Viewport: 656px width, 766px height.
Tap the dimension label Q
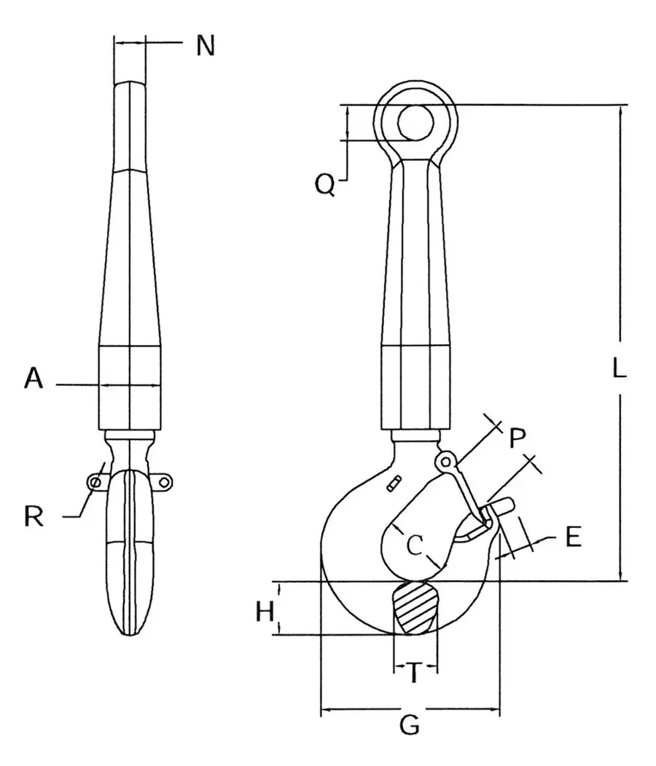pyautogui.click(x=325, y=185)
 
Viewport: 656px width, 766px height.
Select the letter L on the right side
pyautogui.click(x=618, y=370)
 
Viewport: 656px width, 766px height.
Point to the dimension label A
pyautogui.click(x=34, y=379)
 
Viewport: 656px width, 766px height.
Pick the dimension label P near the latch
pyautogui.click(x=517, y=438)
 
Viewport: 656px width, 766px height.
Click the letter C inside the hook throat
pyautogui.click(x=414, y=545)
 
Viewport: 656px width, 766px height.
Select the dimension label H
pyautogui.click(x=266, y=612)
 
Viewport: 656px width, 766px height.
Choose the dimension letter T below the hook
pyautogui.click(x=413, y=674)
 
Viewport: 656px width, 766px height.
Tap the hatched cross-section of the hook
pyautogui.click(x=415, y=608)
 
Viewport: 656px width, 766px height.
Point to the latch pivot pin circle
pyautogui.click(x=445, y=460)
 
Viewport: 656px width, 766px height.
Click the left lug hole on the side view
pyautogui.click(x=94, y=481)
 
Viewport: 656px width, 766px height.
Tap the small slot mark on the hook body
pyautogui.click(x=396, y=482)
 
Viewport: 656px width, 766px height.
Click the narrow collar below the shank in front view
pyautogui.click(x=415, y=435)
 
